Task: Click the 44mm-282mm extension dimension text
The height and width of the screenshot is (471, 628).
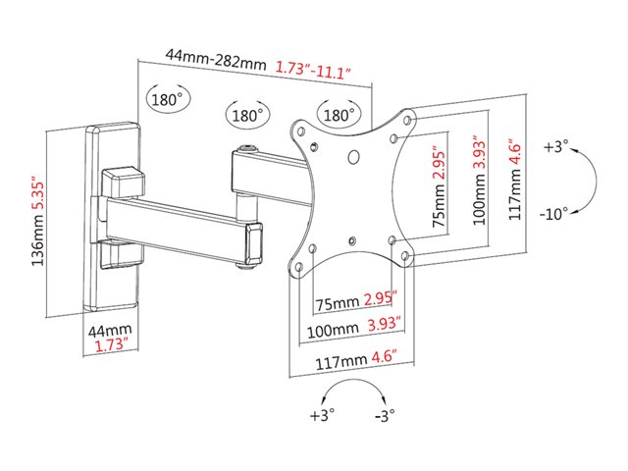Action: point(216,59)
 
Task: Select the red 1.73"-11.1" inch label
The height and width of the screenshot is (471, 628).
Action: point(313,71)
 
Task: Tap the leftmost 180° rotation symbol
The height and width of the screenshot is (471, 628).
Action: point(168,98)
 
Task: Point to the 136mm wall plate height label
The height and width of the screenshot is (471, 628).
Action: point(37,239)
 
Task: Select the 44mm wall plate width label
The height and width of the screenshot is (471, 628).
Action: point(110,331)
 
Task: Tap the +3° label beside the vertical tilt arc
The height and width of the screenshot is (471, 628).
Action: point(555,146)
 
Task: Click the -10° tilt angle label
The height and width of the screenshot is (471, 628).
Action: point(553,214)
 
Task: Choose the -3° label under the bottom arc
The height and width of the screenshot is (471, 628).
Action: point(385,416)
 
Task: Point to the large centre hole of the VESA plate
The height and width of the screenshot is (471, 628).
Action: point(353,157)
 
